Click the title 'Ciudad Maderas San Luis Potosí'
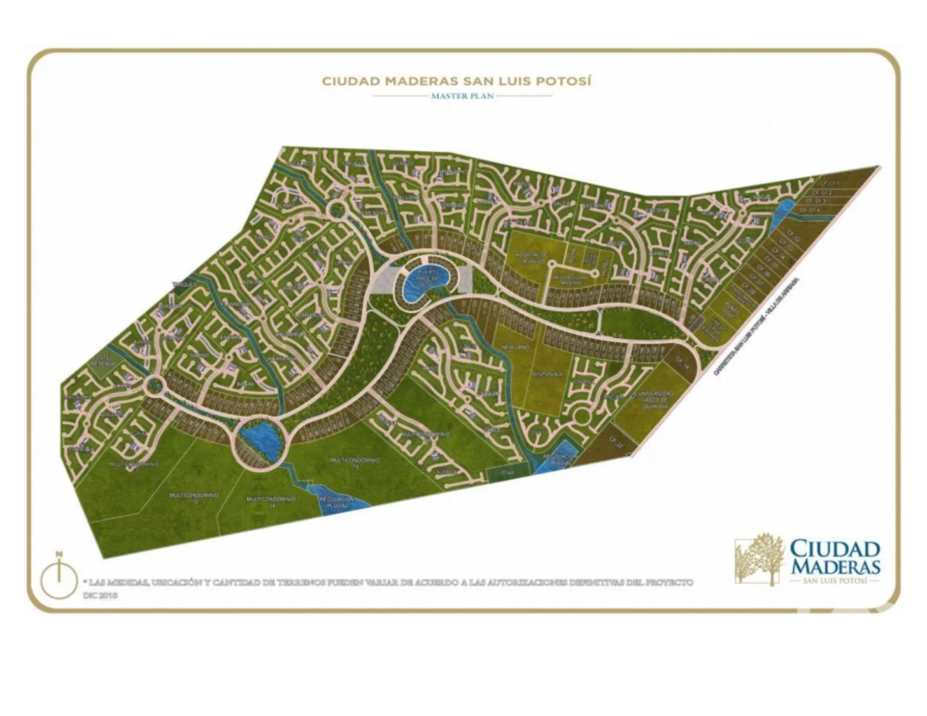(x=457, y=81)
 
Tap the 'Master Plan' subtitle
(x=463, y=95)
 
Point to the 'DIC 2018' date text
(x=100, y=597)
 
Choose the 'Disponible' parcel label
(x=546, y=375)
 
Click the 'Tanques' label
(x=186, y=283)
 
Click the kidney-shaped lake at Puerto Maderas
(x=420, y=282)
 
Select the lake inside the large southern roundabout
(x=262, y=441)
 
